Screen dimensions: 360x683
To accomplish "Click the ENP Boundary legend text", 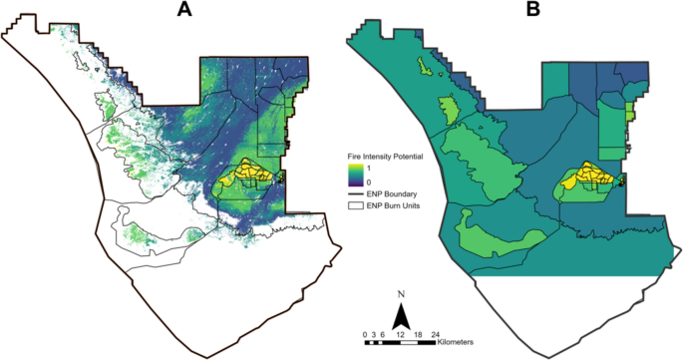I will point(389,193).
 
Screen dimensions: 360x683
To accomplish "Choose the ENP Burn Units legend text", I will point(393,205).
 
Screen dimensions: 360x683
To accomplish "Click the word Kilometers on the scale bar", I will point(455,342).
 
